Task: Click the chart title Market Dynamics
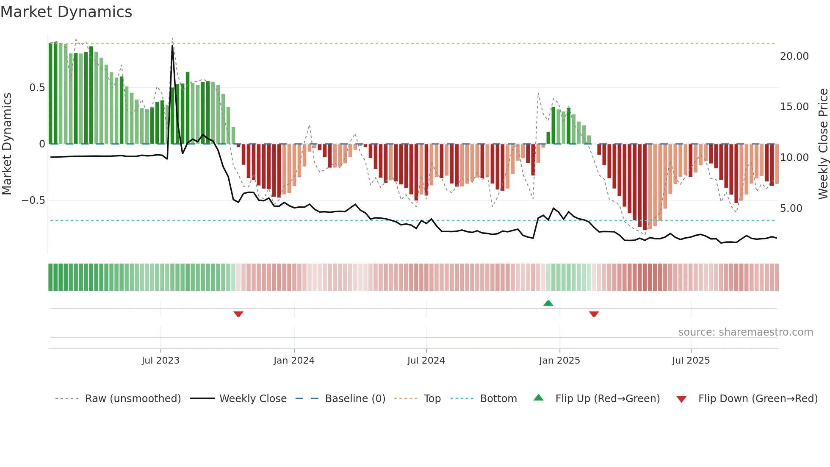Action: pos(66,12)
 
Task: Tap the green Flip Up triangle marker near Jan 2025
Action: pos(548,303)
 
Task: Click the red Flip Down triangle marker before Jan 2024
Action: pos(238,314)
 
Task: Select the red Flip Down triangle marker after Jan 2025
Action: pos(594,314)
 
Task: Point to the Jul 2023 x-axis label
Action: pos(160,361)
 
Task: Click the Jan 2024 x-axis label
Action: pos(294,361)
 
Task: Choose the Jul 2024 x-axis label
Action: pos(426,361)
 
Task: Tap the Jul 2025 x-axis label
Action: pos(691,361)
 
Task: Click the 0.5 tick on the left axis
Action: pos(37,88)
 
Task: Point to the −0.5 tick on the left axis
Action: pos(33,200)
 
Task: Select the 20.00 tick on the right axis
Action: pos(794,56)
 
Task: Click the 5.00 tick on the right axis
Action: pos(791,208)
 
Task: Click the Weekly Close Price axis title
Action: pos(823,144)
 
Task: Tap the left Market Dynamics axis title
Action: pos(7,144)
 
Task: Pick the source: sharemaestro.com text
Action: pos(745,332)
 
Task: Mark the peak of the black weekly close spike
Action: pos(172,45)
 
